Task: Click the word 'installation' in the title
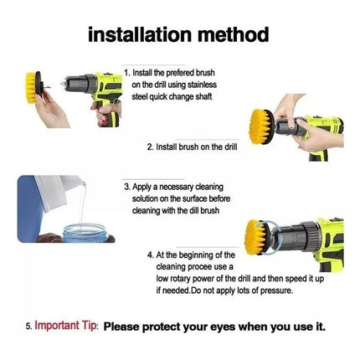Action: [141, 34]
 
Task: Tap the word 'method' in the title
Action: [234, 34]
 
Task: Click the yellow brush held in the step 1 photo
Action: [31, 88]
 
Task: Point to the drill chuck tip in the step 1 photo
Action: [62, 84]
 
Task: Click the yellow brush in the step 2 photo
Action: [260, 127]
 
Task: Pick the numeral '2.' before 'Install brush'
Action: [151, 147]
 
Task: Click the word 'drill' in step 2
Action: [231, 147]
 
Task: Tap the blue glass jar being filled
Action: [85, 233]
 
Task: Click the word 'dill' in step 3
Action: [195, 210]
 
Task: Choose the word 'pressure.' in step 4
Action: [276, 291]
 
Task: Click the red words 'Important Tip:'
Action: [66, 326]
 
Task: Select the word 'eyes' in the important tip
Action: [222, 327]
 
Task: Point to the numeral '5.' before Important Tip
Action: [29, 327]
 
